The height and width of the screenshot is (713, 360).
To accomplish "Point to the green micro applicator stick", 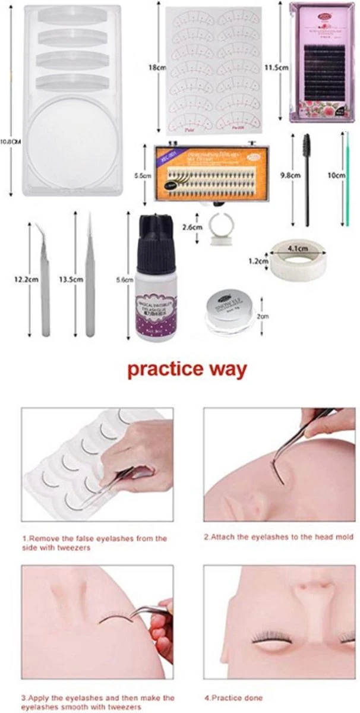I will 343,178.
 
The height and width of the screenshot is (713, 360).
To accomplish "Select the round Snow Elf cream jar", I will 229,305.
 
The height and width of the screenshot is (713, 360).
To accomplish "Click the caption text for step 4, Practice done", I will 233,698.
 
